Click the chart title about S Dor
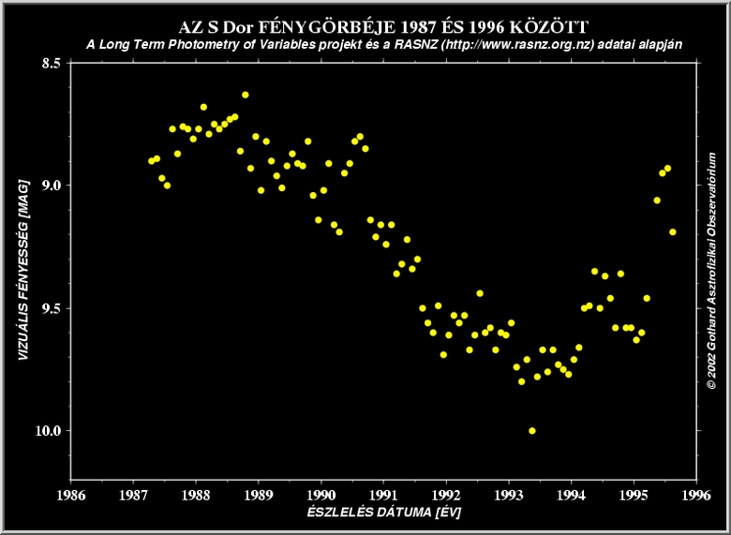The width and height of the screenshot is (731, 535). coord(377,26)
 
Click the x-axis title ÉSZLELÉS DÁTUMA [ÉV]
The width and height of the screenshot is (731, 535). coord(383,513)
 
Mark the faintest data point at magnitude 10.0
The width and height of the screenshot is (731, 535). coord(532,431)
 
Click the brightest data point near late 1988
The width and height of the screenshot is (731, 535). coord(246,95)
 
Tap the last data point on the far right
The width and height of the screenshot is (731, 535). coord(673,231)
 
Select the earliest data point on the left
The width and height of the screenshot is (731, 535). coord(152,161)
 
